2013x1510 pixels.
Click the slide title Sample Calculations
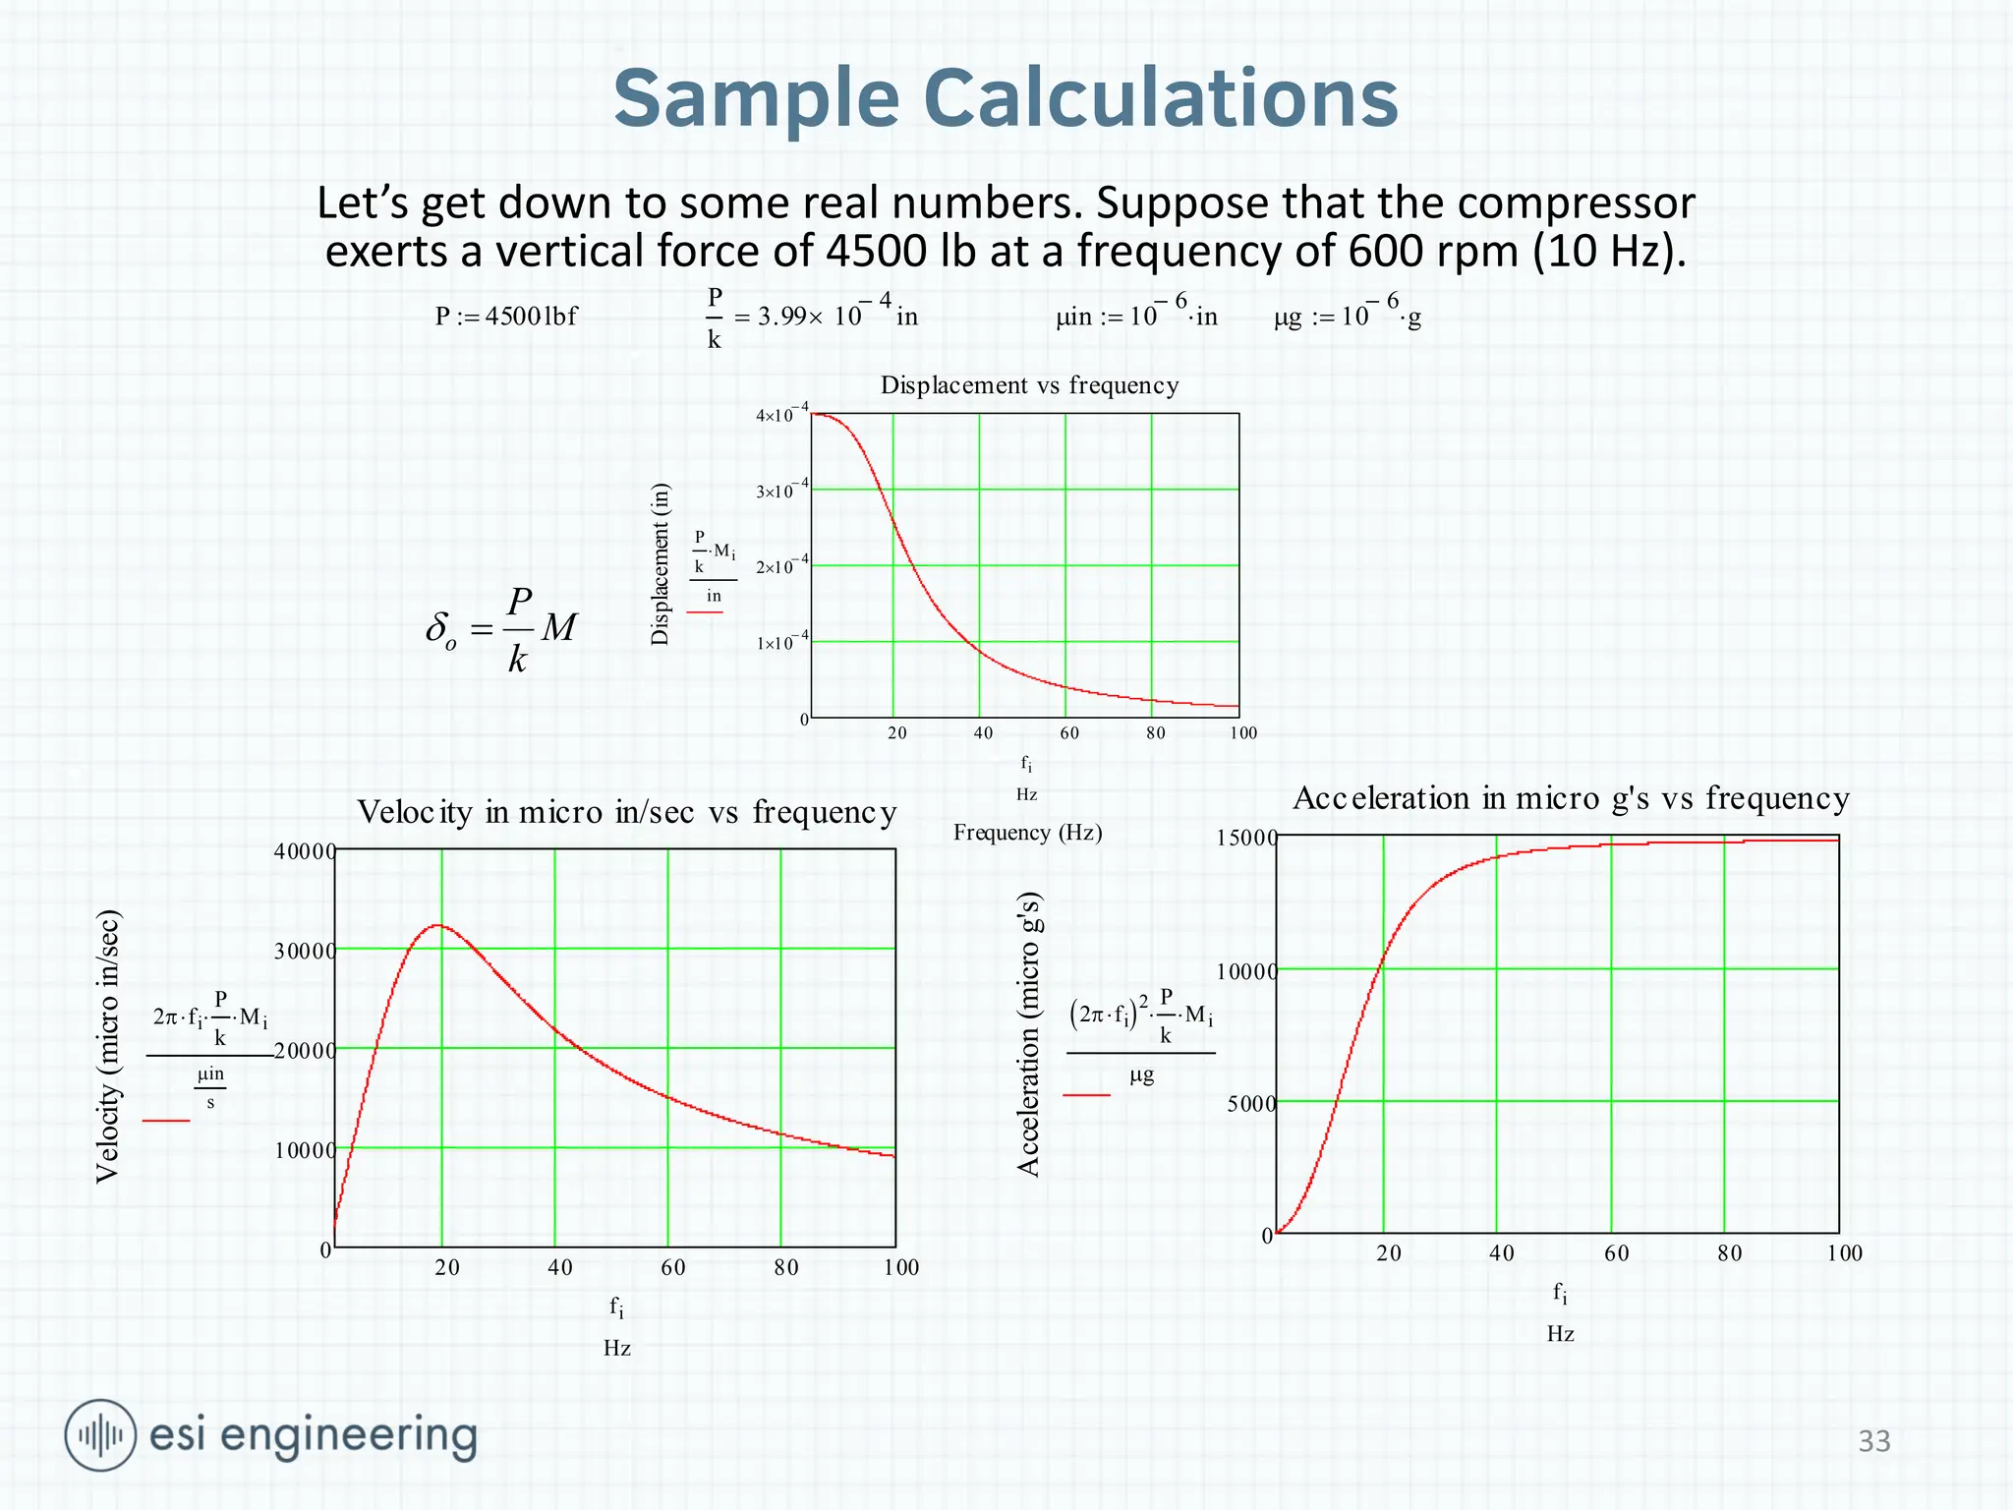[x=1006, y=98]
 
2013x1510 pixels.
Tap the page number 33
[x=1874, y=1441]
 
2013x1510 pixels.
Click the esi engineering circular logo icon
[x=100, y=1435]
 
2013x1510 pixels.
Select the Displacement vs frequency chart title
[x=1029, y=385]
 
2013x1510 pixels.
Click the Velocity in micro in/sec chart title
[x=626, y=813]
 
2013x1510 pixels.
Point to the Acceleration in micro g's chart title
[x=1571, y=798]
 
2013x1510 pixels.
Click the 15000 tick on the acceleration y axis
[x=1245, y=839]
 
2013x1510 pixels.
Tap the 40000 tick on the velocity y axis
[x=304, y=851]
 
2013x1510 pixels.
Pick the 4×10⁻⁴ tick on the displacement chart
[x=781, y=415]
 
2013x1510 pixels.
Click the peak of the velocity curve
[x=438, y=925]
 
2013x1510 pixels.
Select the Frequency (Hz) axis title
[x=1027, y=833]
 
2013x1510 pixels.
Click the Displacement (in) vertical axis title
[x=661, y=564]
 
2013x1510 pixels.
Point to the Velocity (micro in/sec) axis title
[x=108, y=1046]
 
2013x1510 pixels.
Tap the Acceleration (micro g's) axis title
[x=1028, y=1034]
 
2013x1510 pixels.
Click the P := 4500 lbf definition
[x=506, y=317]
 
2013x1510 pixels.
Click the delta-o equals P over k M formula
[x=501, y=629]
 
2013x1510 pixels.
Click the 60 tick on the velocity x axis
[x=672, y=1268]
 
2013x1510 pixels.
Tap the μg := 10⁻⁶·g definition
[x=1348, y=316]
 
